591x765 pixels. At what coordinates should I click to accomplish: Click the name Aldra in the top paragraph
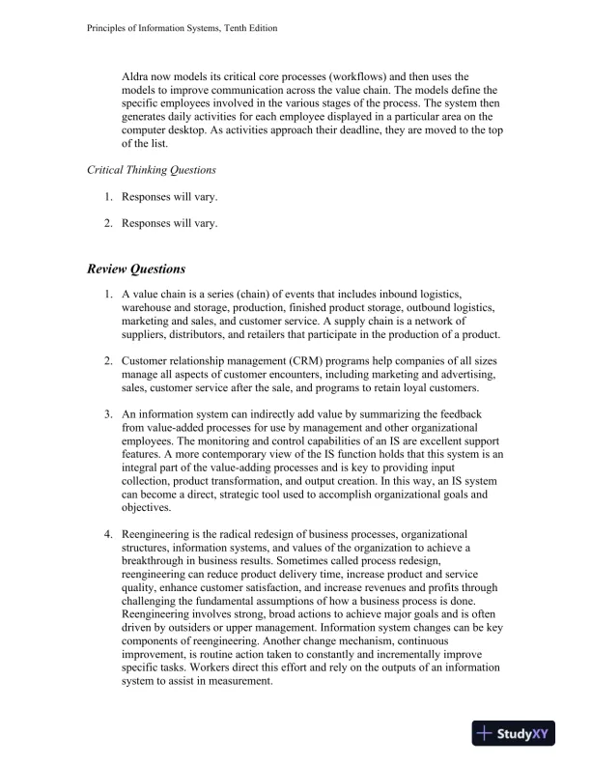click(137, 76)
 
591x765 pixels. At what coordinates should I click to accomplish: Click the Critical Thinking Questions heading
click(152, 169)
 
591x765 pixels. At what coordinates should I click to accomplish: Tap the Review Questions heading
click(136, 269)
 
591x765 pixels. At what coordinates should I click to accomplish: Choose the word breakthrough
click(158, 561)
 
